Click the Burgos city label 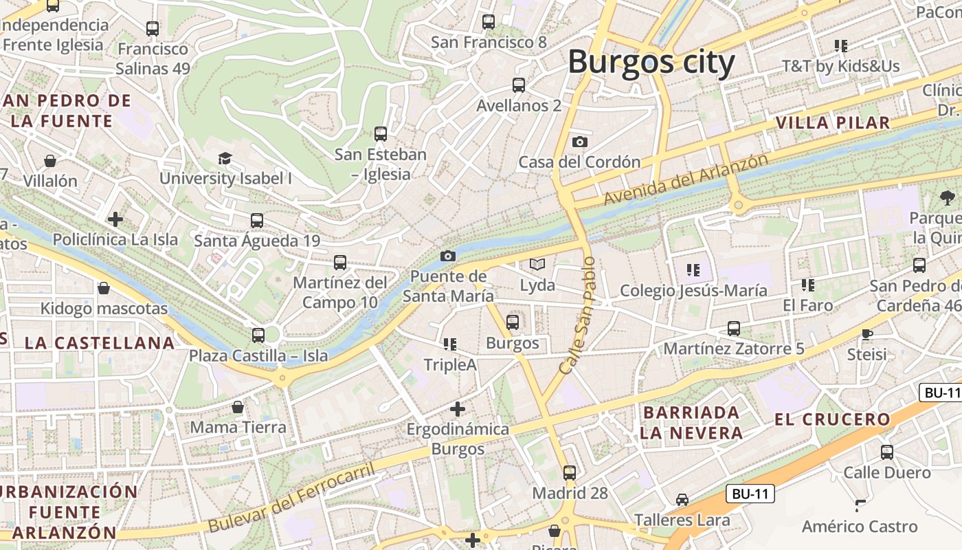pos(651,62)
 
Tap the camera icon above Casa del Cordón pos(580,142)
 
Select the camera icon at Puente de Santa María pos(448,256)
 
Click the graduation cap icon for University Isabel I pos(225,159)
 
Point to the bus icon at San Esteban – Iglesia pos(381,134)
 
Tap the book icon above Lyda pos(537,264)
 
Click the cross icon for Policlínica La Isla pos(115,219)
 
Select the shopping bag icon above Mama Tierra pos(238,407)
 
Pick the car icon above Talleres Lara pos(682,499)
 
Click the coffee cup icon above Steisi pos(866,335)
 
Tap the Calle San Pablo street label pos(577,316)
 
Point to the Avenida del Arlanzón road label pos(686,179)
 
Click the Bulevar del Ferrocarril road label pos(292,498)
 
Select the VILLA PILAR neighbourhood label pos(833,123)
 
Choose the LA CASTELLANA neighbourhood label pos(100,342)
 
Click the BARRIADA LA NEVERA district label pos(691,423)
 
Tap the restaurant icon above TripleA pos(450,344)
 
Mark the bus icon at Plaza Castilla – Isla pos(258,335)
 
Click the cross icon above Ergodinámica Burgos pos(458,409)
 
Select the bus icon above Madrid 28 pos(570,473)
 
